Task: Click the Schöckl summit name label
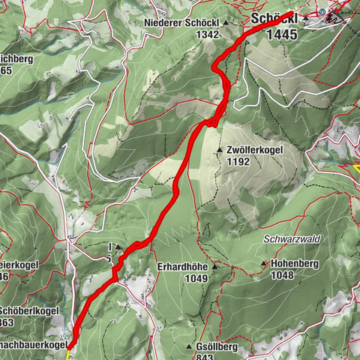click(274, 19)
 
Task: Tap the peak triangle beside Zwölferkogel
click(220, 150)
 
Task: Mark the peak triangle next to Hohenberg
click(264, 263)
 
